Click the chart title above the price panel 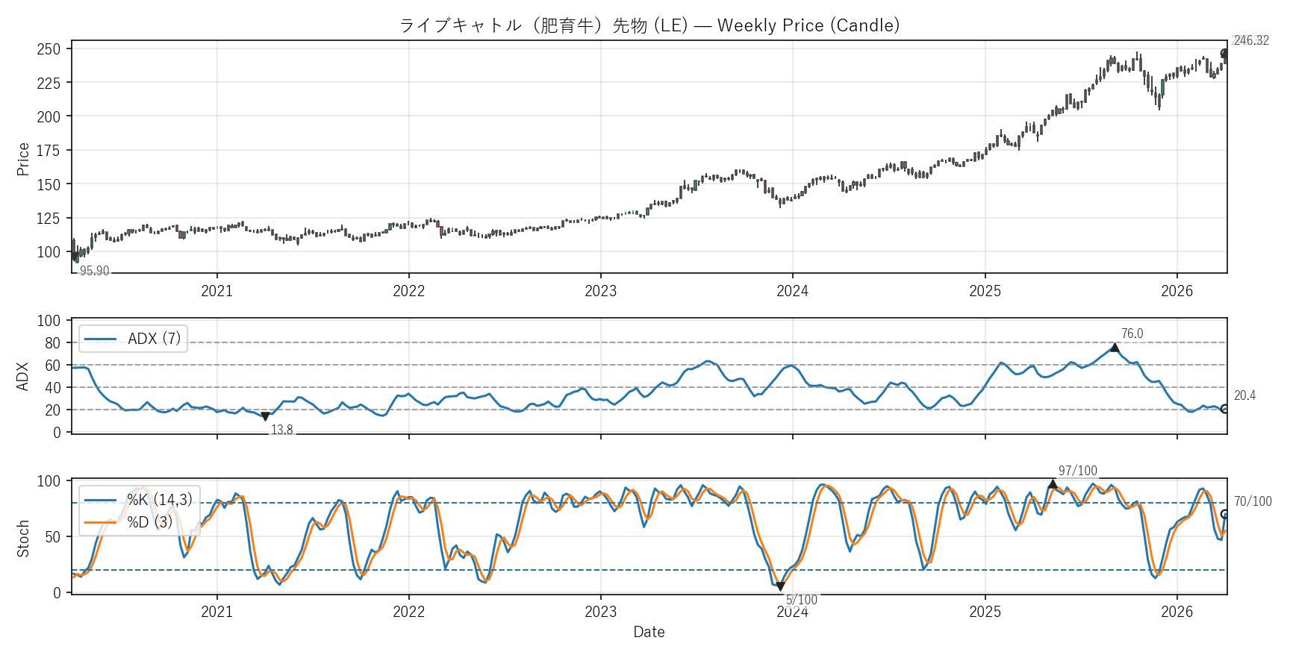coord(649,25)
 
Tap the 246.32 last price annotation coord(1250,40)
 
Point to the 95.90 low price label coord(94,271)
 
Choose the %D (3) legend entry coord(149,522)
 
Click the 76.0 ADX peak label coord(1132,333)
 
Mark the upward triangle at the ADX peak coord(1115,348)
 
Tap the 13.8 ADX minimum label coord(281,430)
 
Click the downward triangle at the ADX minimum coord(265,417)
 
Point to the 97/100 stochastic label coord(1077,471)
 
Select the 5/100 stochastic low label coord(801,600)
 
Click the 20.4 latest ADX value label coord(1244,395)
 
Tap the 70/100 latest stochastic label coord(1252,501)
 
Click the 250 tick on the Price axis coord(49,49)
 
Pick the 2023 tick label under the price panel coord(600,291)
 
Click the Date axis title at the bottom coord(649,632)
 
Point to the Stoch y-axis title coord(23,538)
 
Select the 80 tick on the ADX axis coord(52,343)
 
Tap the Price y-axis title coord(23,159)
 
